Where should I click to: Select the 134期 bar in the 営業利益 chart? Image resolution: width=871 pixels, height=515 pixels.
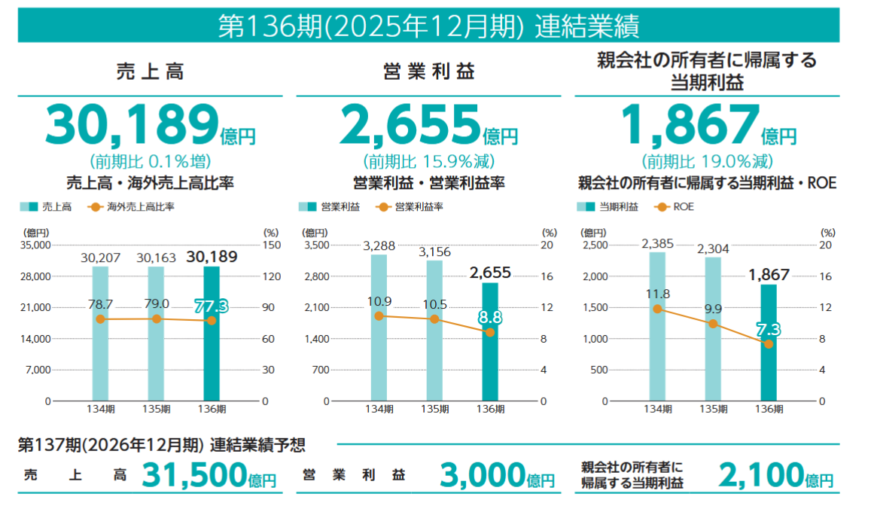[379, 331]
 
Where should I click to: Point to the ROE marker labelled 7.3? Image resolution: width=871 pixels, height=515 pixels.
[768, 344]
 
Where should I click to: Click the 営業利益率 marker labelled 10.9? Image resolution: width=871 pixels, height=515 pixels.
[379, 315]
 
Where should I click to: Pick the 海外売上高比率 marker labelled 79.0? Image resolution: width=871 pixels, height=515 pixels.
[156, 319]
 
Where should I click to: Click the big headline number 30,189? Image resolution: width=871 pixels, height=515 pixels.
[131, 125]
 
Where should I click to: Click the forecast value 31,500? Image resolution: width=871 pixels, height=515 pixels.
[193, 475]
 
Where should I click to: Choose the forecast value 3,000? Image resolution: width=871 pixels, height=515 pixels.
[481, 475]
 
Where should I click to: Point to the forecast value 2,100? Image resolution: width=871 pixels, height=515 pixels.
[760, 475]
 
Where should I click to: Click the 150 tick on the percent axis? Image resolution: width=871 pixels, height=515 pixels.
[272, 245]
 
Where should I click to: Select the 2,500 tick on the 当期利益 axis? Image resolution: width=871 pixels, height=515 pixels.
[594, 245]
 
